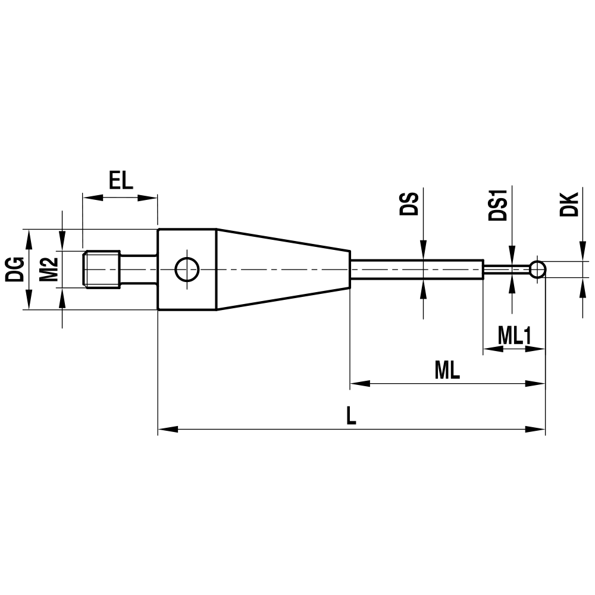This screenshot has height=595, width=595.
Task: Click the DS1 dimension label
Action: coord(497,205)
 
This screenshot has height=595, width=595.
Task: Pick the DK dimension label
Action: coord(569,204)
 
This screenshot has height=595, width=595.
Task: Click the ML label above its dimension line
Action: coord(447,371)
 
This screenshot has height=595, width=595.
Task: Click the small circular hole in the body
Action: coord(186,270)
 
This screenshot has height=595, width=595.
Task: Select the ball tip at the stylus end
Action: coord(538,270)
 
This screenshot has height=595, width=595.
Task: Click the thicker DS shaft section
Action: coord(416,270)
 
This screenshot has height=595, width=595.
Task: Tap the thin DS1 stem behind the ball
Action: coord(506,270)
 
